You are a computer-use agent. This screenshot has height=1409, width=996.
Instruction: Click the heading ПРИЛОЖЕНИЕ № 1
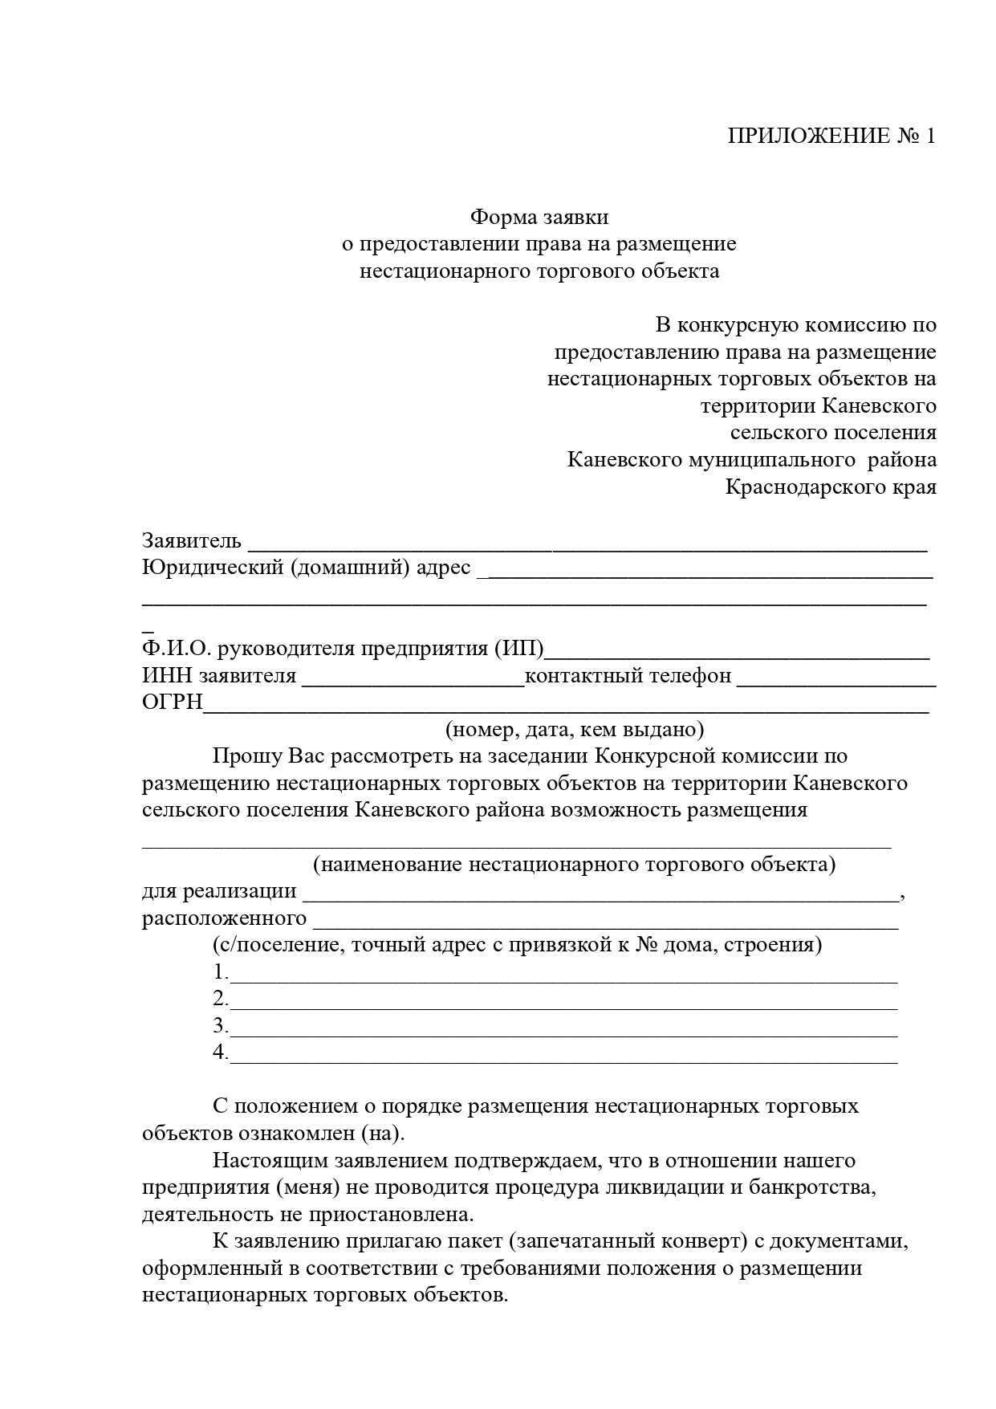[x=831, y=136]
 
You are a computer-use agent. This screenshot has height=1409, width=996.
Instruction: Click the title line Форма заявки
[x=539, y=217]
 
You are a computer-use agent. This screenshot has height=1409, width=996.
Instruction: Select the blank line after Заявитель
[x=587, y=544]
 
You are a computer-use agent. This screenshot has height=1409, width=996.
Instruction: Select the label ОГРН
[x=173, y=702]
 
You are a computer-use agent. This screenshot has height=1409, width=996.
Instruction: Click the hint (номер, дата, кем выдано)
[x=575, y=729]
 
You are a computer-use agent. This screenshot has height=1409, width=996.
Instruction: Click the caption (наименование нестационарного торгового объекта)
[x=574, y=865]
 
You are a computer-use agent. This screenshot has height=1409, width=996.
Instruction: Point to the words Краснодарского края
[x=831, y=487]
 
